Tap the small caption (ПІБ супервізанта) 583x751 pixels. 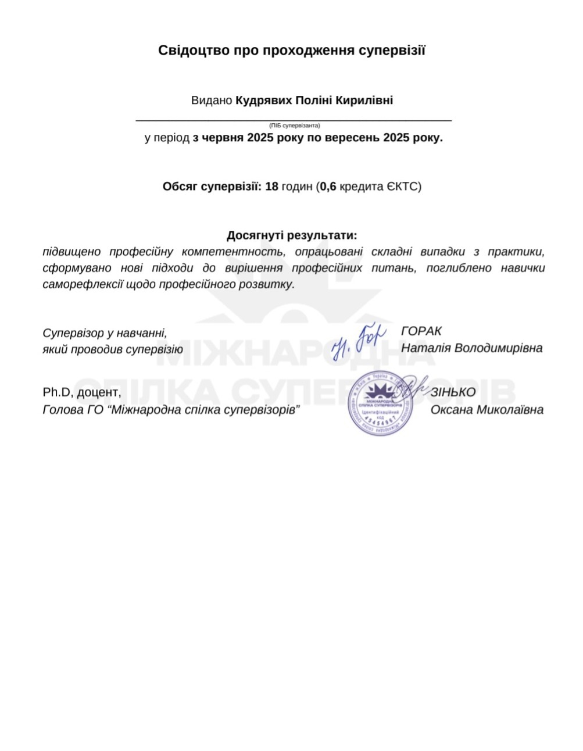pos(294,126)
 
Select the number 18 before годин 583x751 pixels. pos(271,187)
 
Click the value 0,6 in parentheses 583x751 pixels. pos(328,187)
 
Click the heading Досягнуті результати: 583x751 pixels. pos(292,235)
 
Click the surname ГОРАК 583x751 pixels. pos(421,331)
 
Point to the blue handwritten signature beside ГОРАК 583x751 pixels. pos(359,342)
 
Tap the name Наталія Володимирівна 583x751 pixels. pos(471,348)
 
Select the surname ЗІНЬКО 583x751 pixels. pos(453,392)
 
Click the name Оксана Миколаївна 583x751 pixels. pos(487,410)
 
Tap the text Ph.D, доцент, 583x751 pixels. pos(82,392)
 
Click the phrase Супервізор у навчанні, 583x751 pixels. pos(105,333)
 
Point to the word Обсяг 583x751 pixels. pos(180,187)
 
